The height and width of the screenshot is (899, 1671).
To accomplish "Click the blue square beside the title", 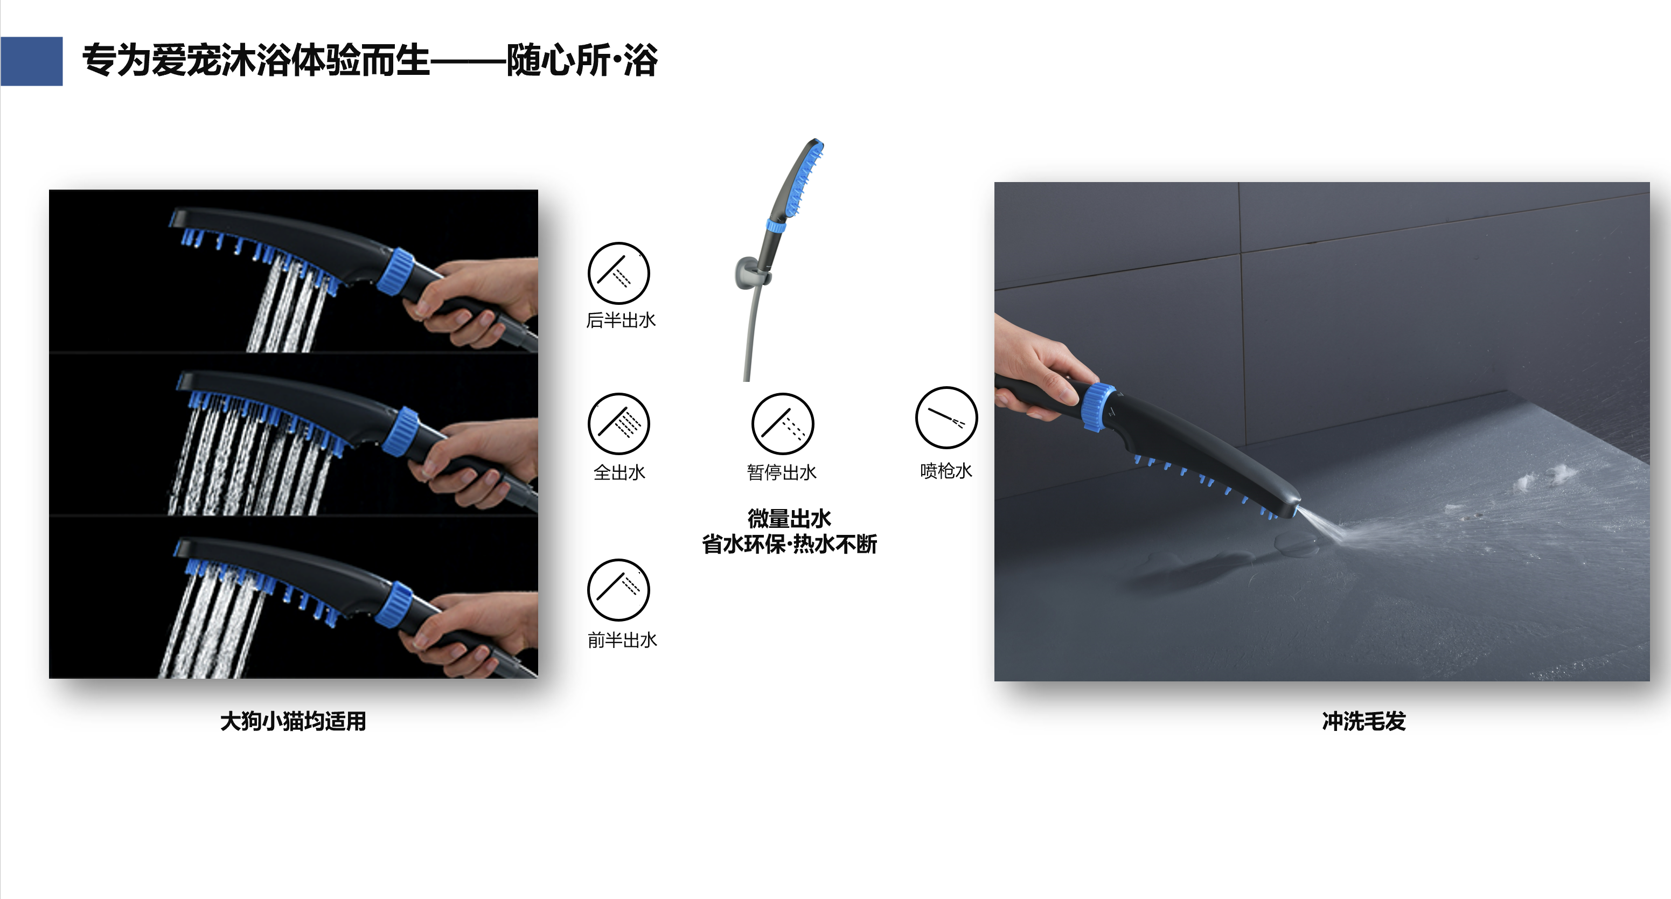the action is pos(31,61).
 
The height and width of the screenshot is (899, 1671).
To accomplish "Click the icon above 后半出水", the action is pos(618,273).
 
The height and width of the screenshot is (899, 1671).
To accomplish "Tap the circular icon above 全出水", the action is pos(618,423).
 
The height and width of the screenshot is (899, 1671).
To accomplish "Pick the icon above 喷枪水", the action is pos(946,417).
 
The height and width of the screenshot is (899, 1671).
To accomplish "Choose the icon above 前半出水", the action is pos(618,590).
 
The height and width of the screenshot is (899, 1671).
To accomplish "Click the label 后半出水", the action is pos(621,320).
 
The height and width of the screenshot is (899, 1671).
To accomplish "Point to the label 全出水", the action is pos(619,472).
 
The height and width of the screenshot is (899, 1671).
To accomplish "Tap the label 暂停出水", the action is pos(782,472).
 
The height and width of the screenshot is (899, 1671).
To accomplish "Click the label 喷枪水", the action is pos(946,471).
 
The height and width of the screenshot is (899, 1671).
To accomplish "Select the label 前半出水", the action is pos(622,640).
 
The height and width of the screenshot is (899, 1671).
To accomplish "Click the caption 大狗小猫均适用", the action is pos(293,721).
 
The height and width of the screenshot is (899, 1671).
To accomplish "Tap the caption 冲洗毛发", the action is pos(1363,721).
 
